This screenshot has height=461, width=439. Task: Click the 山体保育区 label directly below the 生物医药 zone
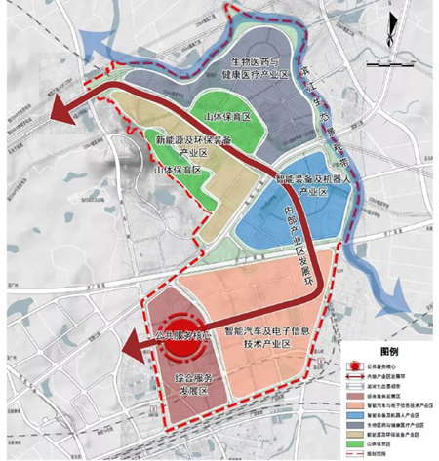point(228,116)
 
